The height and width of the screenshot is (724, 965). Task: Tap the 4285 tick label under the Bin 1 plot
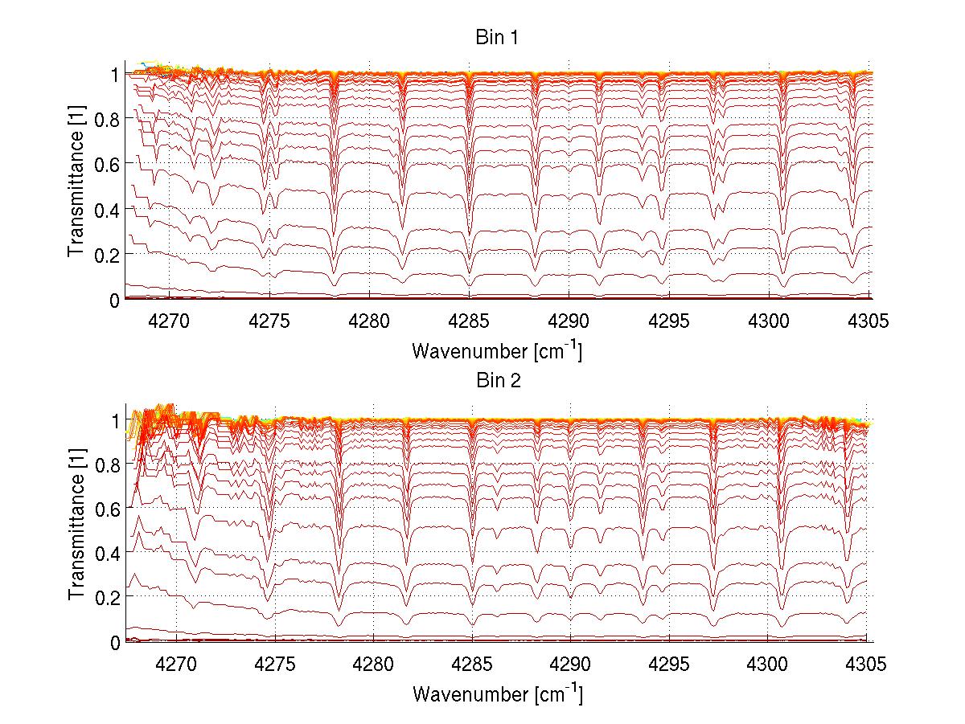[470, 322]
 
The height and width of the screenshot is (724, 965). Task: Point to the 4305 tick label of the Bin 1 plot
[870, 322]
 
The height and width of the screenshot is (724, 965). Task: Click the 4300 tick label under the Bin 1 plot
[770, 322]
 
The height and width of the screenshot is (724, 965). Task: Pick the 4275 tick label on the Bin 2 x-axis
[275, 665]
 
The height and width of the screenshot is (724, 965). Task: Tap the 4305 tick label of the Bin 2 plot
[866, 665]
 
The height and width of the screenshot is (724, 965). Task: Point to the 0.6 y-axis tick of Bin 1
[107, 164]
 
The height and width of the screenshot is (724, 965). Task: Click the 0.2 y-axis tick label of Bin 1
[107, 254]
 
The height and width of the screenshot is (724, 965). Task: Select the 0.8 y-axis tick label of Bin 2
[107, 464]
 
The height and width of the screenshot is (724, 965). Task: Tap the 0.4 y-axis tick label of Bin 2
[107, 554]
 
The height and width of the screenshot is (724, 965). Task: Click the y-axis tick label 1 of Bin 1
[115, 74]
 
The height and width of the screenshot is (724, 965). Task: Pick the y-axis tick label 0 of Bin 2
[115, 642]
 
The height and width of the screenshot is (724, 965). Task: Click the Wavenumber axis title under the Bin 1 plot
[496, 351]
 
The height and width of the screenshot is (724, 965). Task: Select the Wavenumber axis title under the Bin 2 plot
[496, 693]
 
